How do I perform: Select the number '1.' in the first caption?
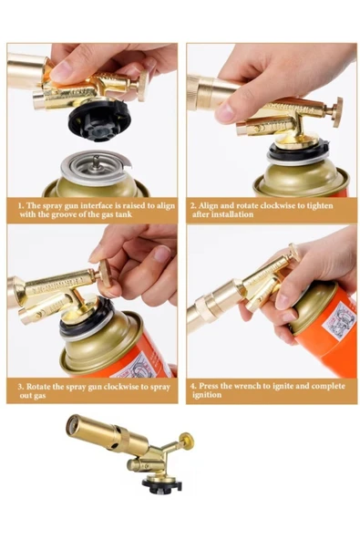coord(21,205)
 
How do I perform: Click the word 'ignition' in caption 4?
coord(210,396)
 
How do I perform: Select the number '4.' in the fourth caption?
coord(193,386)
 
